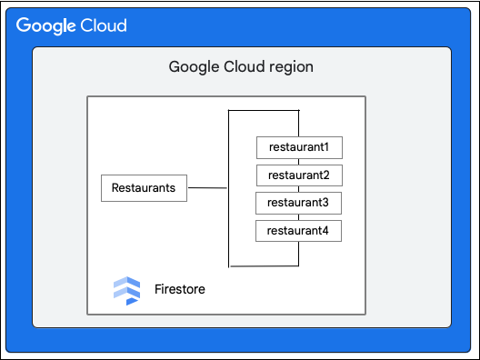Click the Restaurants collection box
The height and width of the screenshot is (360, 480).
144,188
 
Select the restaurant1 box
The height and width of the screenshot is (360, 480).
299,147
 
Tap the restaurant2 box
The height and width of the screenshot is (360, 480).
299,175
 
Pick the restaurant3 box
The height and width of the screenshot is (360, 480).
298,203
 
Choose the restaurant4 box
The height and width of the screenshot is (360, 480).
298,231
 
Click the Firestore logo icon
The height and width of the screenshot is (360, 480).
126,291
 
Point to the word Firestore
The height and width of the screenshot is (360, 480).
180,289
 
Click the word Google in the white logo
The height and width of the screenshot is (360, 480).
45,25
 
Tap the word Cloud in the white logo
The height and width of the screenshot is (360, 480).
104,25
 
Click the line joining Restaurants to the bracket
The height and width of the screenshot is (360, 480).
207,187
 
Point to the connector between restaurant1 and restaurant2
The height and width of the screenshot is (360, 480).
299,162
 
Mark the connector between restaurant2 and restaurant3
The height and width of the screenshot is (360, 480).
299,189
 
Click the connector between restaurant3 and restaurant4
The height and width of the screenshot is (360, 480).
299,217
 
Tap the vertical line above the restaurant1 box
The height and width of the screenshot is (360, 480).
299,123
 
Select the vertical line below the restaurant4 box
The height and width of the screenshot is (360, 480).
298,254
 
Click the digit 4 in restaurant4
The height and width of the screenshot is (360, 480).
325,231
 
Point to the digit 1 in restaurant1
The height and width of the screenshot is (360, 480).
325,147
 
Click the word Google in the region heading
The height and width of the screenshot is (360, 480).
194,67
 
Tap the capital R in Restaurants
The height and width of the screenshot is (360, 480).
115,187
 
